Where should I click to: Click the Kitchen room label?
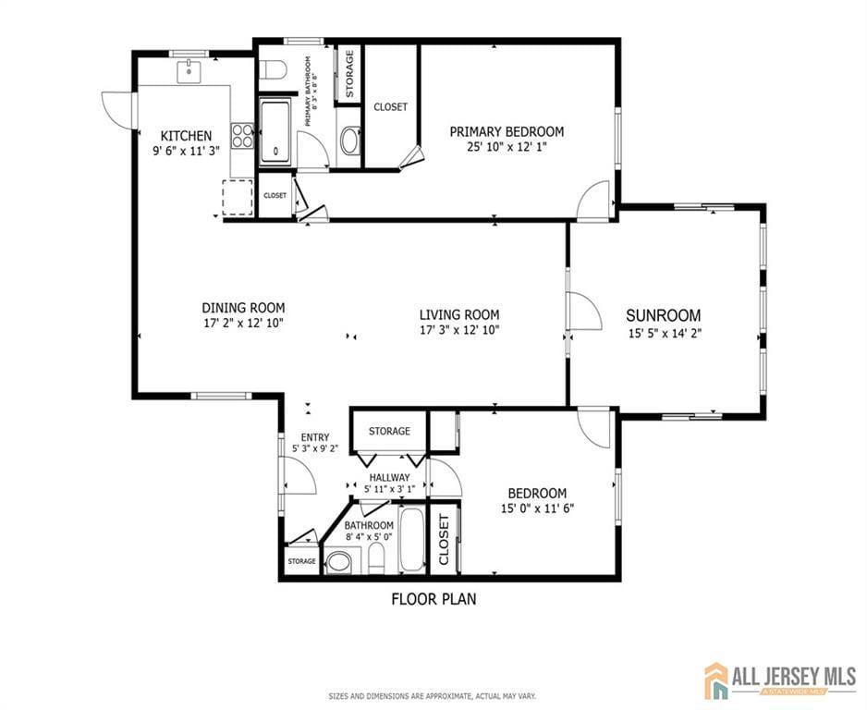pos(187,135)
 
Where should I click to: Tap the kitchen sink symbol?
pos(189,69)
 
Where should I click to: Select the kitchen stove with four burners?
pos(242,136)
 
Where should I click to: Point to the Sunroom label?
pos(663,315)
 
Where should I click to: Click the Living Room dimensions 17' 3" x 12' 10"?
pos(459,330)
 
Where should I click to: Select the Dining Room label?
pos(243,308)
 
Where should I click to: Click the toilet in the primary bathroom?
pos(275,68)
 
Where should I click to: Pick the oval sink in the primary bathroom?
pos(350,141)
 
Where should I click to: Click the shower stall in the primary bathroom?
pos(275,131)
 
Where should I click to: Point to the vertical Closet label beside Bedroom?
pos(445,539)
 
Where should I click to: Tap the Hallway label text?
pos(389,477)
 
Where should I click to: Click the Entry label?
pos(314,438)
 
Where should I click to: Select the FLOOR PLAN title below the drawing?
pos(433,599)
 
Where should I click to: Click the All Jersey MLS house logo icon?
pos(716,680)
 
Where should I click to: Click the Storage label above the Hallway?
pos(389,431)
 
